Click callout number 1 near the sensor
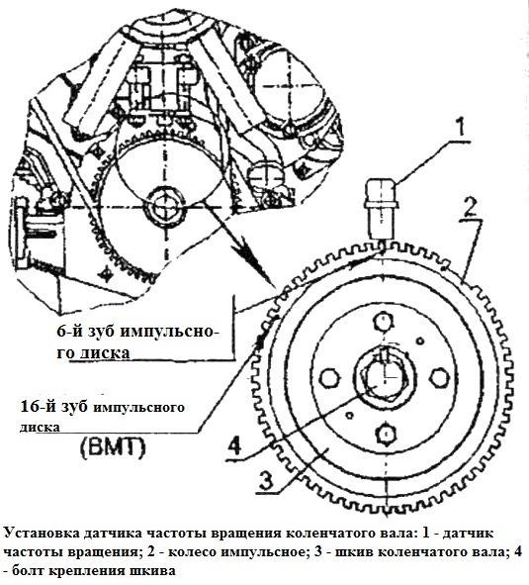pos(462,126)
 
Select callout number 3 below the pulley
pos(266,480)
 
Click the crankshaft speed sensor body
pos(381,208)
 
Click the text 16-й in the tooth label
pos(37,407)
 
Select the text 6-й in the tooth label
pos(69,331)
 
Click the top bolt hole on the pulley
pos(384,322)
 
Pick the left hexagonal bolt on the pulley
pos(330,378)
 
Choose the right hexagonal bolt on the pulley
pos(438,378)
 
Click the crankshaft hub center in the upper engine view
pos(163,206)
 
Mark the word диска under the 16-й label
pos(40,427)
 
